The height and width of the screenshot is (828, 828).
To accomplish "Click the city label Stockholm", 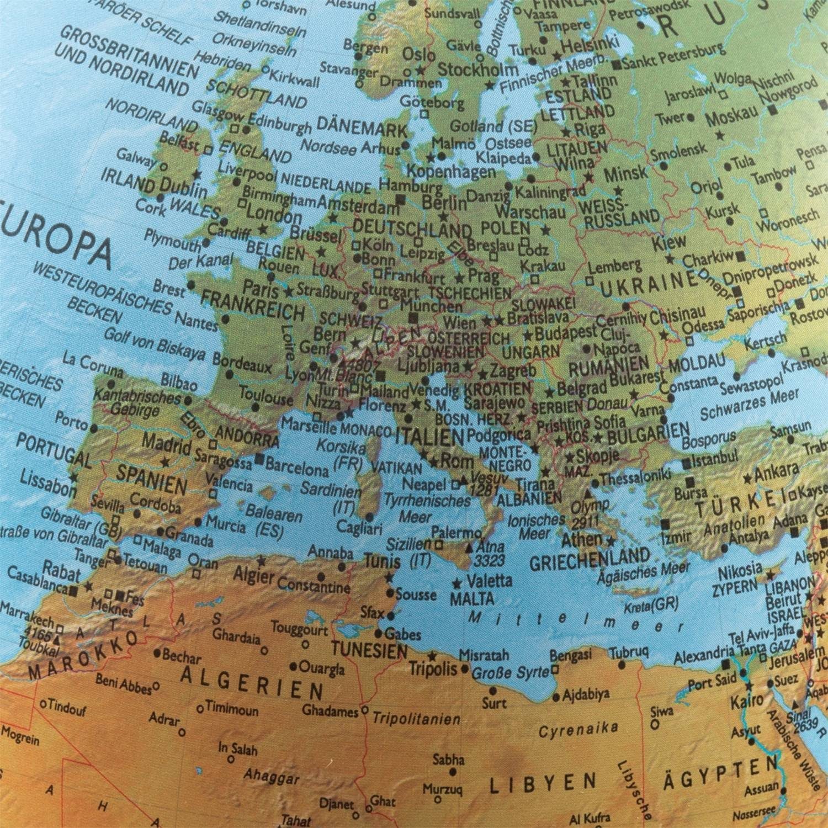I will click(477, 70).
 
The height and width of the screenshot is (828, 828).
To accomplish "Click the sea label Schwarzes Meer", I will click(749, 405).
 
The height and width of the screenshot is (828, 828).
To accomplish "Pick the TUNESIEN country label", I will click(369, 649).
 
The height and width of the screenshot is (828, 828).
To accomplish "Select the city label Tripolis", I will click(433, 668).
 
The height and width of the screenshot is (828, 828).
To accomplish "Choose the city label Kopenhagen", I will click(451, 171).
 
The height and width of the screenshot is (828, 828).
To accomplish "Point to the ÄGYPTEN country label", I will click(720, 773).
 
